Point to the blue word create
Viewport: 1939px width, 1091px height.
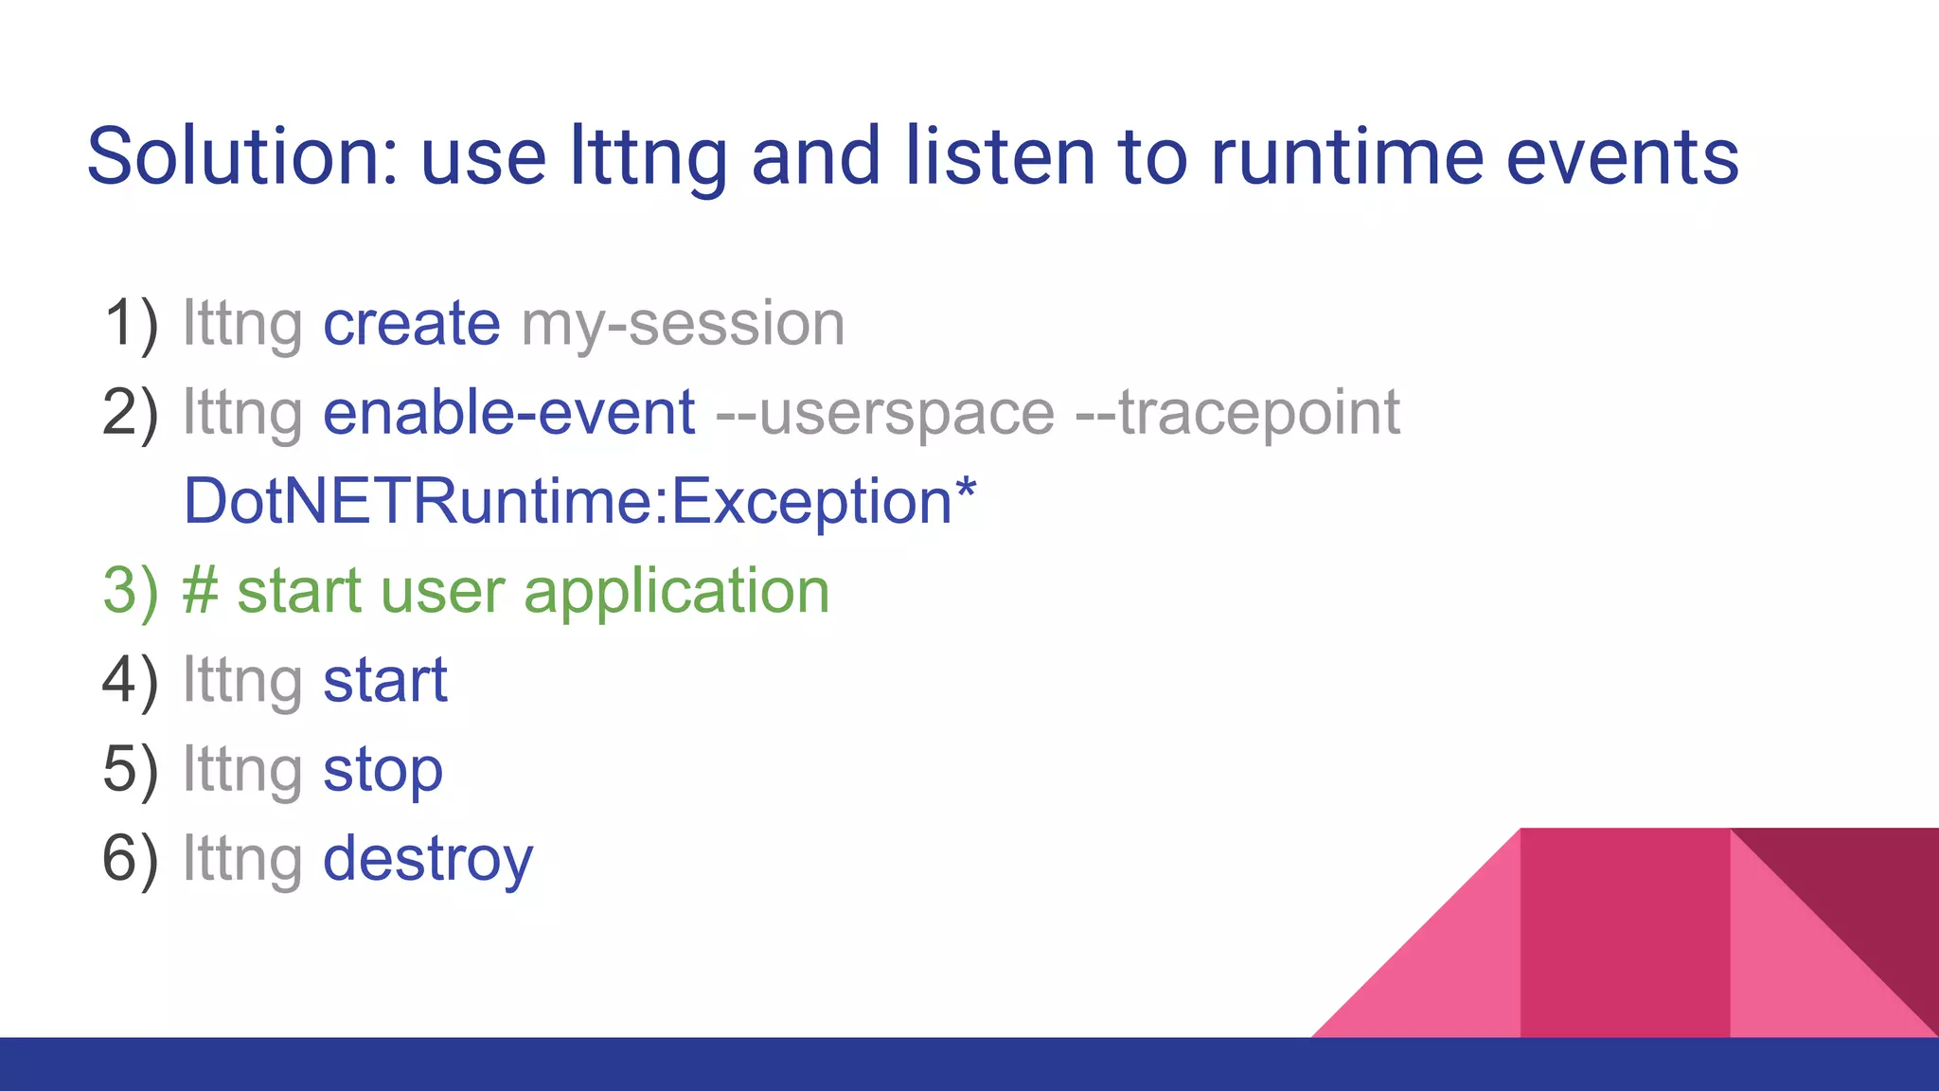411,324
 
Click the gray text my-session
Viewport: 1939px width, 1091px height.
683,324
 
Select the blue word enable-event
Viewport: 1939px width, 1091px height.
509,413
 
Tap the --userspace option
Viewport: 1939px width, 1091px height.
884,413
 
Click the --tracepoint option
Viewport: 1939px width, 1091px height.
1238,413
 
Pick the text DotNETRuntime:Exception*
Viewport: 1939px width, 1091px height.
579,501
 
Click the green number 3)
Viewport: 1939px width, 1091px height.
131,591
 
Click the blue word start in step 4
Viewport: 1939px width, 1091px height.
384,680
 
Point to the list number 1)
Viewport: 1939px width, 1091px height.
131,324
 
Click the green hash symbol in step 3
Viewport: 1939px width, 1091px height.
200,591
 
